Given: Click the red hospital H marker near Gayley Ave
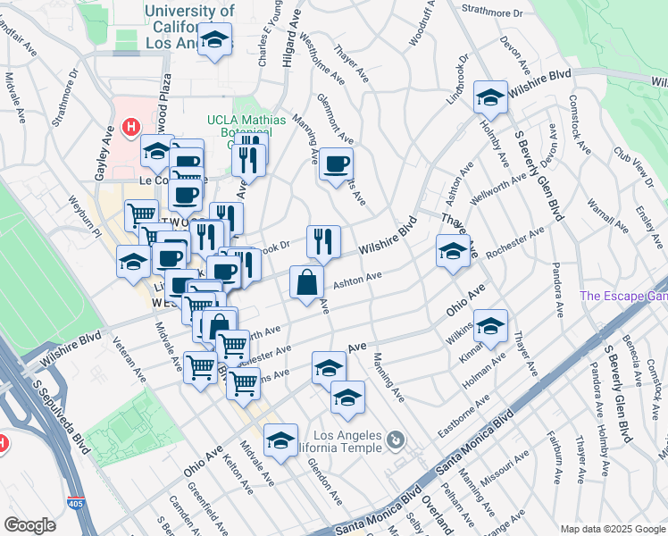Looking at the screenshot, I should (x=131, y=128).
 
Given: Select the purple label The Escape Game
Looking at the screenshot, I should (x=623, y=296).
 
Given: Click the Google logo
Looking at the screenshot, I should (x=29, y=525).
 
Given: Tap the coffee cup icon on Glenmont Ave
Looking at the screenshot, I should (x=336, y=164).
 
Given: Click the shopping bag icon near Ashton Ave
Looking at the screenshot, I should (x=306, y=281).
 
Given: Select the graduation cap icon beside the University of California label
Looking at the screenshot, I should (x=214, y=40).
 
